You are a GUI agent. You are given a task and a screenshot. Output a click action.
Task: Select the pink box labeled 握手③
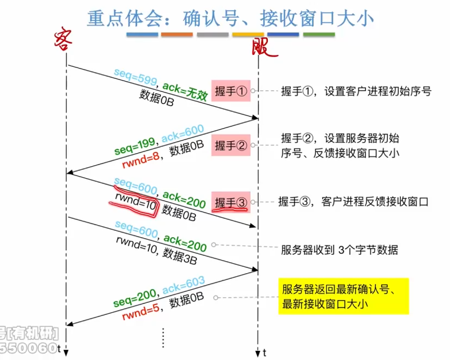231,202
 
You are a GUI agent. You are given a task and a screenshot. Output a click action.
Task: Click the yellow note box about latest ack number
343,296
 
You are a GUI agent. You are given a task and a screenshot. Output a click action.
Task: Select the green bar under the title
319,35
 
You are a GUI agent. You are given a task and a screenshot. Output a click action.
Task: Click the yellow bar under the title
248,35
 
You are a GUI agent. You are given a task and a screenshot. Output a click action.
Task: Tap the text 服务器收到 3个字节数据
339,250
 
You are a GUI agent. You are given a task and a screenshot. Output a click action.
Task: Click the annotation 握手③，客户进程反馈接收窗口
353,201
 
